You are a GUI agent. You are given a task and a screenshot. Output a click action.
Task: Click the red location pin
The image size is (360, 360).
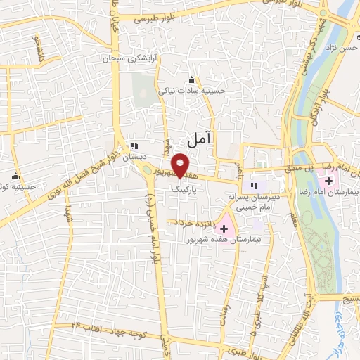pos(181,165)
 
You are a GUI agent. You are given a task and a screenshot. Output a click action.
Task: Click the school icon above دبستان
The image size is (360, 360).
pos(133,146)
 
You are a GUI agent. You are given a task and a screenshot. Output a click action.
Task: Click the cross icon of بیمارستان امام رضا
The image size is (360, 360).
pos(329,181)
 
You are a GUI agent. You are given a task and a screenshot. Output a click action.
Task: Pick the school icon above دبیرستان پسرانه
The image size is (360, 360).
pos(252,186)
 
